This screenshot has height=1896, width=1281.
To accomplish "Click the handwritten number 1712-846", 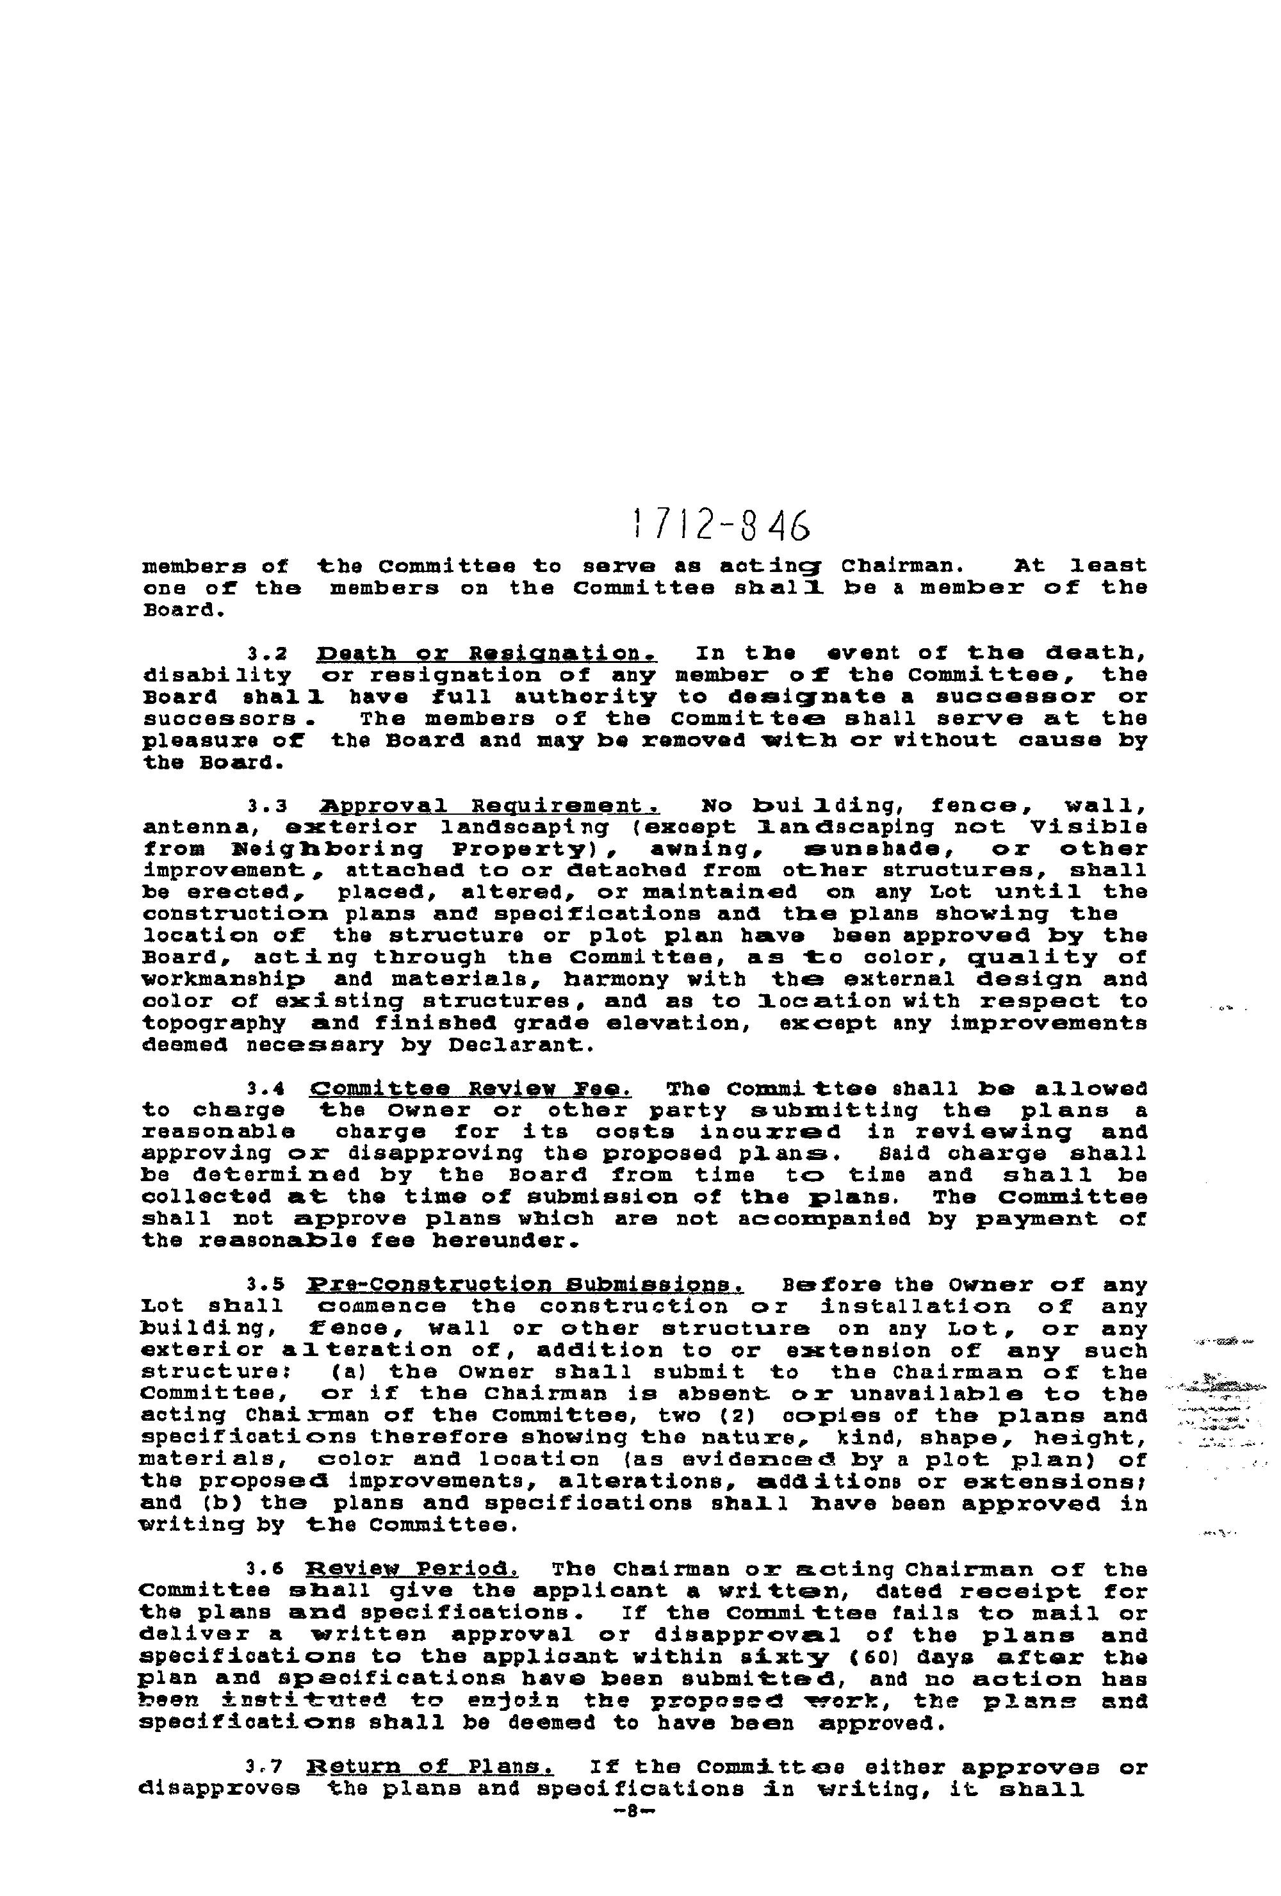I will tap(721, 525).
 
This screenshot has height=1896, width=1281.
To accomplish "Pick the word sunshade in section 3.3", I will tap(864, 849).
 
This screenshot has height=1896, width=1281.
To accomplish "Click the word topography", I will tap(214, 1023).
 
